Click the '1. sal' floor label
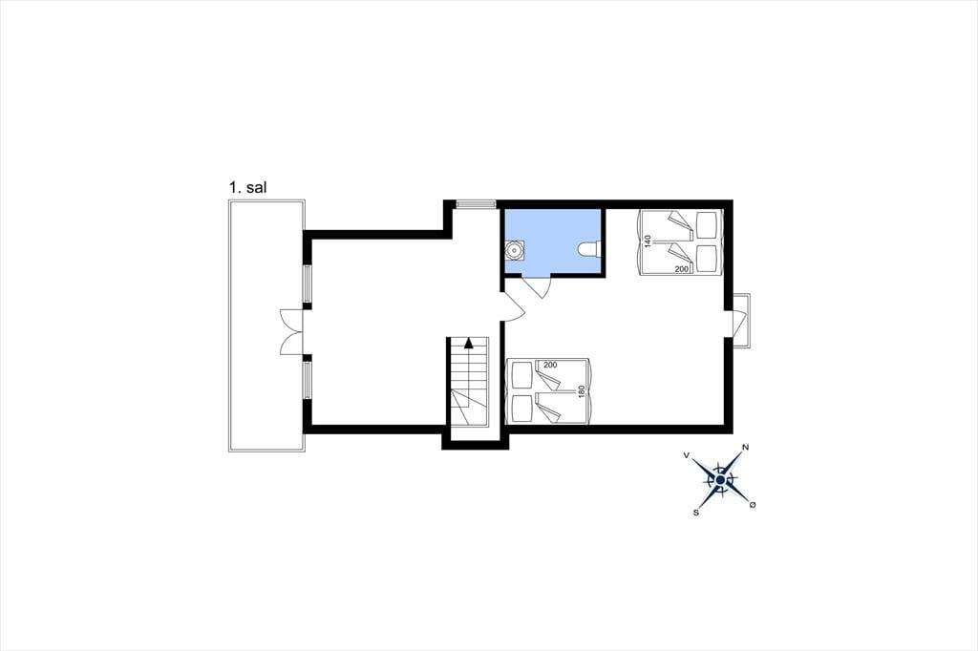tap(247, 187)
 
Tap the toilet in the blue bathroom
tap(588, 249)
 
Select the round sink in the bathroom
tap(514, 249)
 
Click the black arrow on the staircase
tap(468, 342)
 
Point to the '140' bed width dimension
tap(648, 241)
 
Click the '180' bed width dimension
tap(582, 392)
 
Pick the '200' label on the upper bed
tap(682, 269)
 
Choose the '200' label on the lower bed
tap(550, 365)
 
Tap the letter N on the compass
tap(745, 447)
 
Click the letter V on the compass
tap(687, 456)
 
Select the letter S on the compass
tap(695, 513)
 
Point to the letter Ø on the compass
tap(753, 504)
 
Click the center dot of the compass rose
tap(720, 480)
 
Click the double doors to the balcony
tap(292, 332)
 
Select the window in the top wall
tap(476, 204)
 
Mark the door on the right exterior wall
tap(741, 319)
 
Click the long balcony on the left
tap(266, 325)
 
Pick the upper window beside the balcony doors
tap(307, 284)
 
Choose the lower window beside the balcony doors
tap(307, 380)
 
